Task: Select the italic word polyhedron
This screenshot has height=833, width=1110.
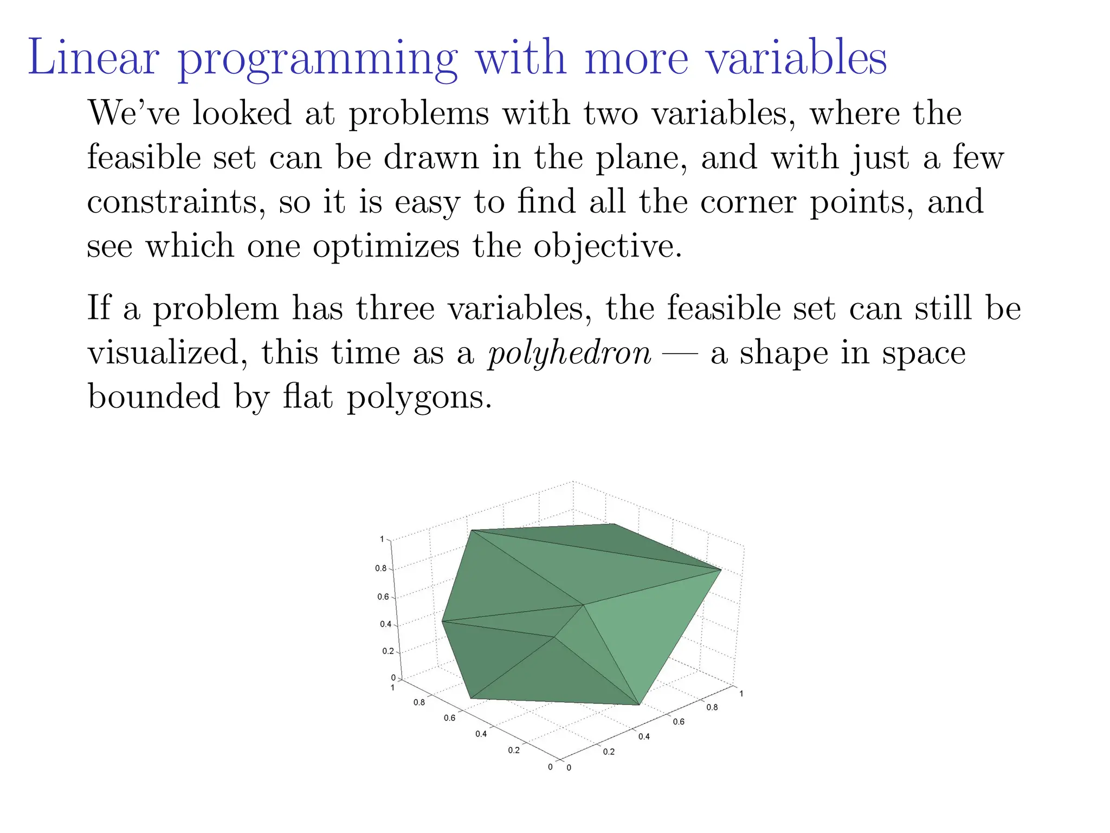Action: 569,354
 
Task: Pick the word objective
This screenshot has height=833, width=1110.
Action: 607,247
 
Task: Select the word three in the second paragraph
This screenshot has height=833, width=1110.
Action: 395,309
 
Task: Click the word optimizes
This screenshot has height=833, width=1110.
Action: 386,247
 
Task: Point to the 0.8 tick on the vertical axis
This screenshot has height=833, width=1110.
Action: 381,568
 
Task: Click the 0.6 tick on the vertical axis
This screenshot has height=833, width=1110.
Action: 383,597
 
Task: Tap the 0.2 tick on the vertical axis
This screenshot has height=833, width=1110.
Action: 388,651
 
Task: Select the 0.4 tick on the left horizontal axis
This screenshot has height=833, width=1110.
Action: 481,734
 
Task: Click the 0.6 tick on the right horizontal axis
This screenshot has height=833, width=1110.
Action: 679,722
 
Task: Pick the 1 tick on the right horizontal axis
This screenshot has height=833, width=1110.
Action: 741,694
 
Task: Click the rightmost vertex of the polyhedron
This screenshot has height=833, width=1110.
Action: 721,569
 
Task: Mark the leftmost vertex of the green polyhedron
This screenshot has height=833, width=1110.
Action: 442,621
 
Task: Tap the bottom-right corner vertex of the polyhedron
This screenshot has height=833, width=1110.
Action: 640,705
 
